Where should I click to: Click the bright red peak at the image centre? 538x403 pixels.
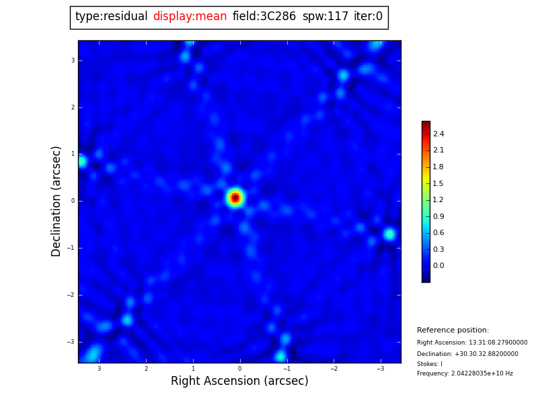pyautogui.click(x=235, y=197)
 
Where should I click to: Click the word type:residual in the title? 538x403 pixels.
pyautogui.click(x=111, y=17)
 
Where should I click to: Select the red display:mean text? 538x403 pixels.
pyautogui.click(x=190, y=17)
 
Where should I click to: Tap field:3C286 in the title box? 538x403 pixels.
pyautogui.click(x=264, y=17)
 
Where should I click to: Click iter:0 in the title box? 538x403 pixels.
pyautogui.click(x=368, y=17)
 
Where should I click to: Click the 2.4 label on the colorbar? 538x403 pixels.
pyautogui.click(x=438, y=134)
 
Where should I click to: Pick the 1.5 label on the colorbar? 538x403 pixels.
pyautogui.click(x=438, y=183)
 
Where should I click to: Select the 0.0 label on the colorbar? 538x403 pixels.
pyautogui.click(x=438, y=266)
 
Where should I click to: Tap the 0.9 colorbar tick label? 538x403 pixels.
pyautogui.click(x=438, y=216)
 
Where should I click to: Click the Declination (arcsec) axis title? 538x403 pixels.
pyautogui.click(x=56, y=201)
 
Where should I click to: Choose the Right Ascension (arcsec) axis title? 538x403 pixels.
pyautogui.click(x=239, y=382)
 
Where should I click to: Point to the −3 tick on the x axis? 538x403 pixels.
pyautogui.click(x=380, y=369)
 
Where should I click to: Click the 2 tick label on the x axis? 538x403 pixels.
pyautogui.click(x=146, y=369)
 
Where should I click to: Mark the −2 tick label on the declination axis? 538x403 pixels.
pyautogui.click(x=71, y=295)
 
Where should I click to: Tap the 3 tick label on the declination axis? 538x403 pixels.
pyautogui.click(x=73, y=60)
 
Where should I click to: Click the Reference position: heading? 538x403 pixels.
pyautogui.click(x=453, y=330)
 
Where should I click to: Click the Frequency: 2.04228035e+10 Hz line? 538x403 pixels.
pyautogui.click(x=465, y=373)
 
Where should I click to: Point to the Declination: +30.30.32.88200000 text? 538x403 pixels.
pyautogui.click(x=467, y=354)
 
